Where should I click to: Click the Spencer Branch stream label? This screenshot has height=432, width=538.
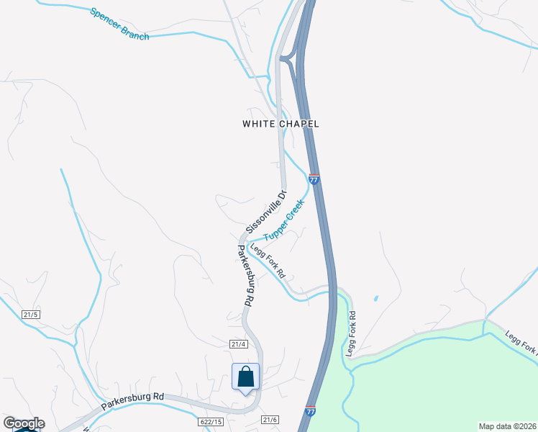(119, 24)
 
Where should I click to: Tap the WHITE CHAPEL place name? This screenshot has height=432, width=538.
(281, 124)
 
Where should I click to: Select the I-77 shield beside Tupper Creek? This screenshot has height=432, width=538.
(314, 178)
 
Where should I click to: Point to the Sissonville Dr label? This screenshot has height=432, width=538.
(266, 211)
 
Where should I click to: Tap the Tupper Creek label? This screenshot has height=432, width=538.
(283, 225)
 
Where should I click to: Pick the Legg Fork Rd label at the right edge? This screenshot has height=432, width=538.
(521, 343)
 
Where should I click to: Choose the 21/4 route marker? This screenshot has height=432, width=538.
(239, 344)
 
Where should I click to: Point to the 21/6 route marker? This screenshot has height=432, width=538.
(270, 420)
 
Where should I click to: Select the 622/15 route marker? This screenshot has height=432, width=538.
(211, 420)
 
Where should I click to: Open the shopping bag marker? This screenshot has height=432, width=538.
(245, 377)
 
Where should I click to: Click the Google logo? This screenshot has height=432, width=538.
(24, 423)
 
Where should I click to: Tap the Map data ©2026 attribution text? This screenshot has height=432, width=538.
(507, 426)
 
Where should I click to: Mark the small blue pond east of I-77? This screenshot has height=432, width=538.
(375, 298)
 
